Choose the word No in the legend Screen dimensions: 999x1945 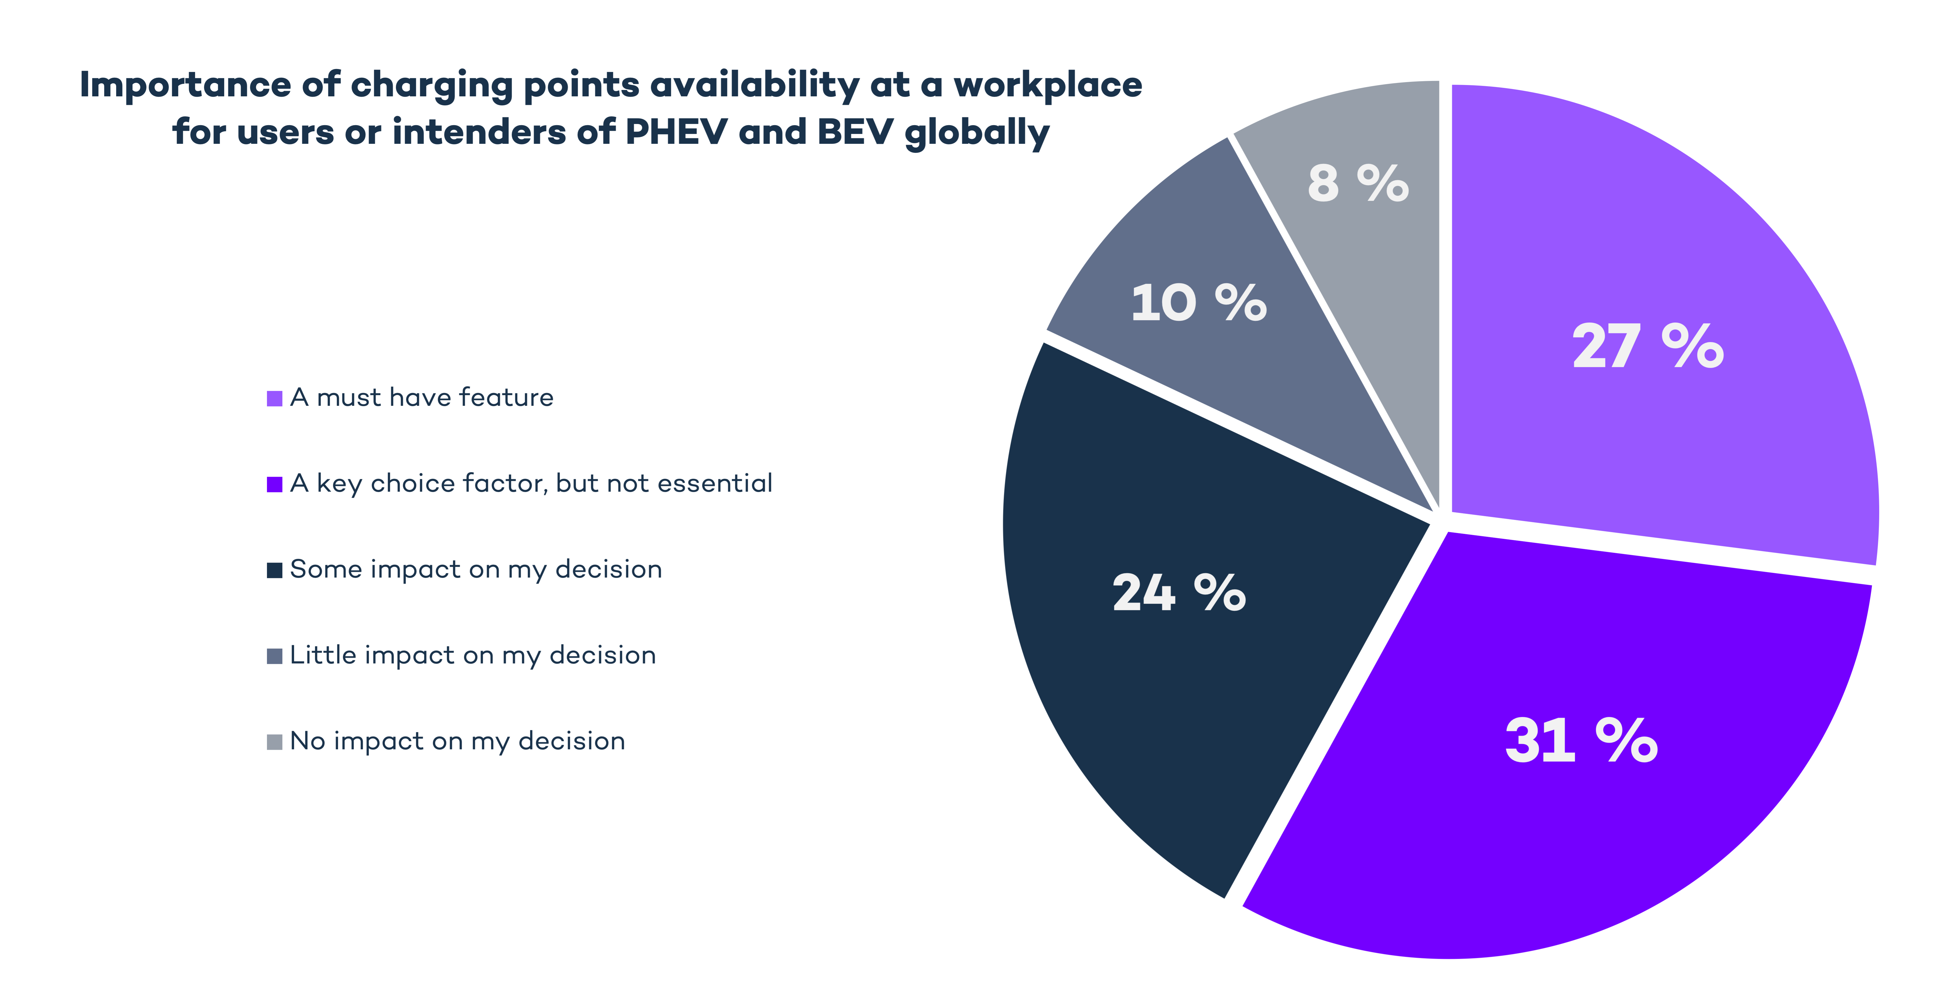(307, 741)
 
